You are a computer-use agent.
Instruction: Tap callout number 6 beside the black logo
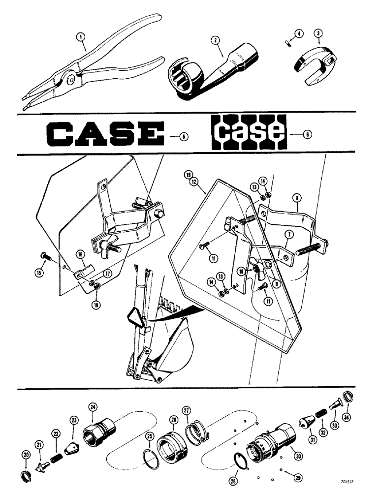click(x=309, y=133)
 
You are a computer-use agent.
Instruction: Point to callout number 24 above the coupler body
click(x=93, y=406)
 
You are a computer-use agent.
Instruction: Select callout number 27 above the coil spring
click(x=186, y=410)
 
